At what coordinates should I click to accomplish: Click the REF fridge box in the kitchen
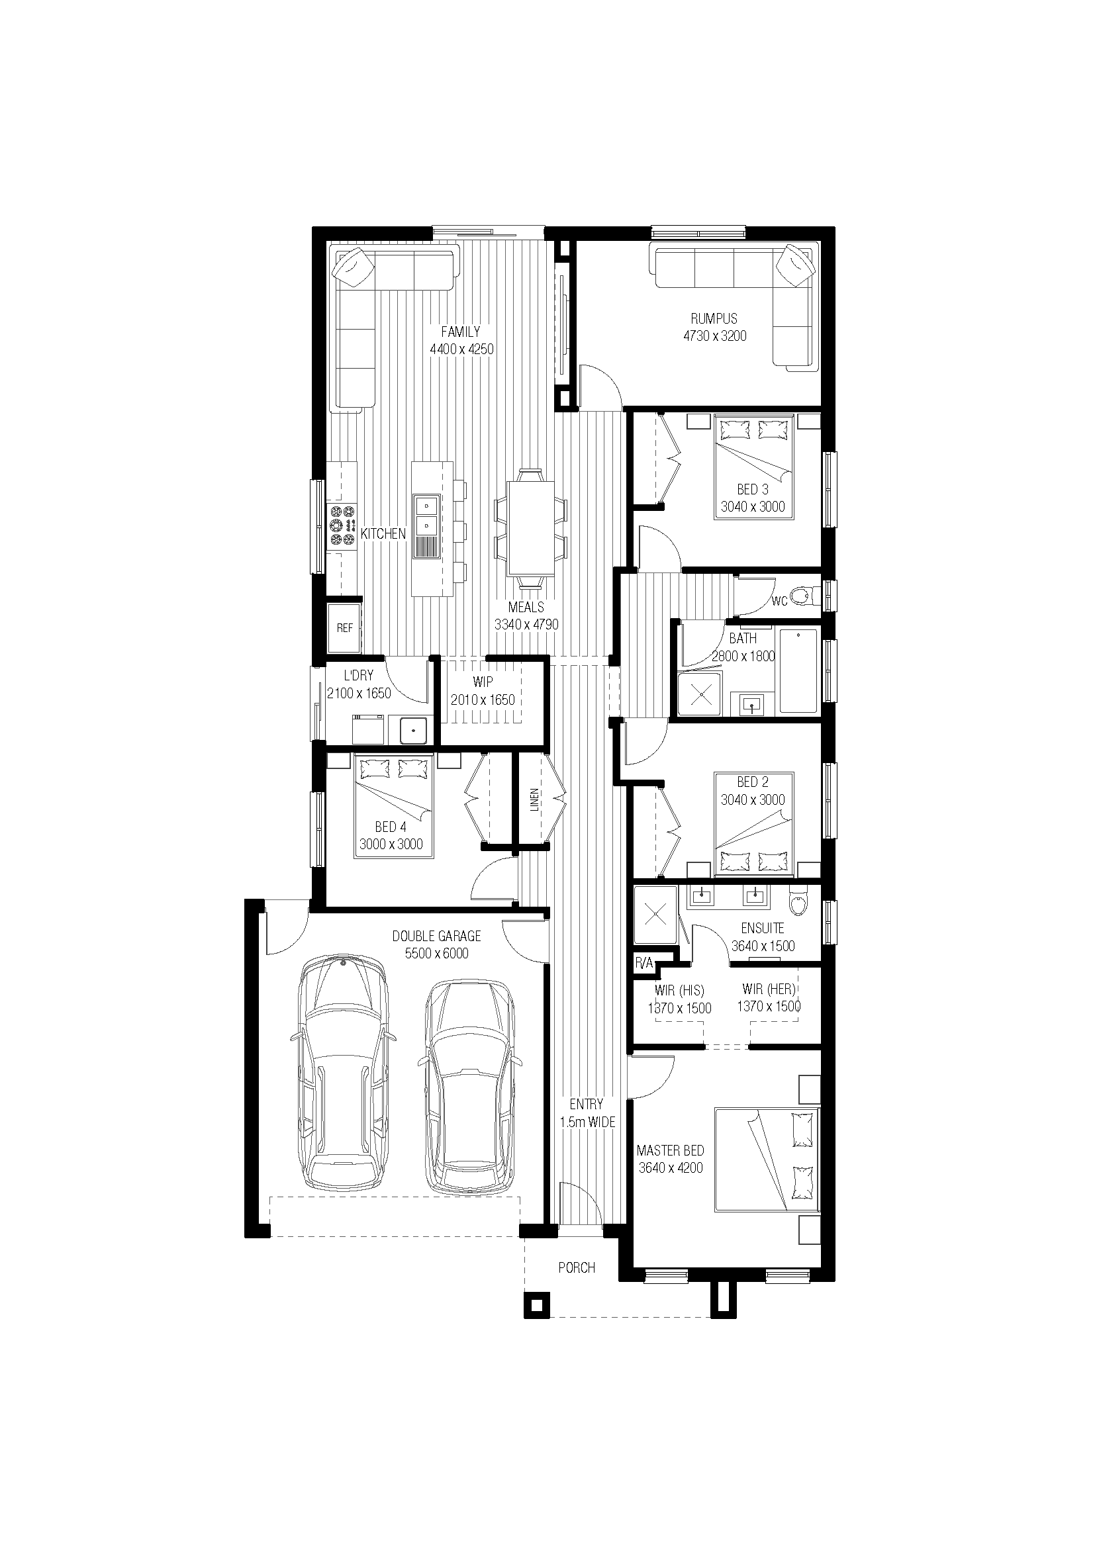pyautogui.click(x=344, y=627)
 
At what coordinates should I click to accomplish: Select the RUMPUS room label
pyautogui.click(x=714, y=318)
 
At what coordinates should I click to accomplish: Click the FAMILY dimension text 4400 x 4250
pyautogui.click(x=461, y=349)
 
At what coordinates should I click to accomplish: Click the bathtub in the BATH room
pyautogui.click(x=799, y=670)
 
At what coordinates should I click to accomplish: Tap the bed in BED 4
pyautogui.click(x=393, y=806)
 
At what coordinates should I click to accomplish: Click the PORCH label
pyautogui.click(x=577, y=1267)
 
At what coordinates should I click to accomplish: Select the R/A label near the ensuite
pyautogui.click(x=644, y=964)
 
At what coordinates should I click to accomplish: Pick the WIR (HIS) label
pyautogui.click(x=679, y=991)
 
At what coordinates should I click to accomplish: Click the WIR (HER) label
pyautogui.click(x=769, y=989)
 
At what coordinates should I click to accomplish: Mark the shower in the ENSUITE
pyautogui.click(x=655, y=915)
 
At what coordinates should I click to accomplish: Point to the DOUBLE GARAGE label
pyautogui.click(x=437, y=936)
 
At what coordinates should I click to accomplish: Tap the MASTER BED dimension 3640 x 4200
pyautogui.click(x=671, y=1167)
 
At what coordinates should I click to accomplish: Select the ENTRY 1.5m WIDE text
pyautogui.click(x=587, y=1113)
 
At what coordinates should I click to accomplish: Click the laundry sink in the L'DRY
pyautogui.click(x=412, y=729)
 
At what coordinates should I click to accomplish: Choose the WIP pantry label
pyautogui.click(x=483, y=682)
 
